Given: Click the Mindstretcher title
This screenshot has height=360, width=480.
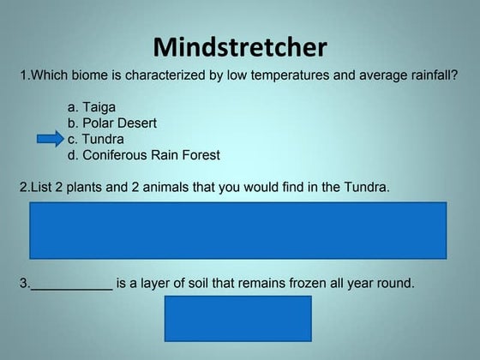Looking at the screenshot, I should point(239,47).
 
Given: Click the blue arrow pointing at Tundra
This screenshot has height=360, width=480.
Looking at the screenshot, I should point(51,138).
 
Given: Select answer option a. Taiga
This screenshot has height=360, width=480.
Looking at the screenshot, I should point(91,107).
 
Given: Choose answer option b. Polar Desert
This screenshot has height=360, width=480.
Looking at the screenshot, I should point(111,123).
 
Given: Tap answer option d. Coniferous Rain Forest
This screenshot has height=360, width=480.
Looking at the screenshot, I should point(143,155).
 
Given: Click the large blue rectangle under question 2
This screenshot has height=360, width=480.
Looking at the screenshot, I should point(238,230).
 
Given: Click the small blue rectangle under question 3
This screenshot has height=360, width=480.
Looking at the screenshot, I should point(238,318).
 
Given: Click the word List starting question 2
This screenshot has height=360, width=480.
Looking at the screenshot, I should point(40,186).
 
